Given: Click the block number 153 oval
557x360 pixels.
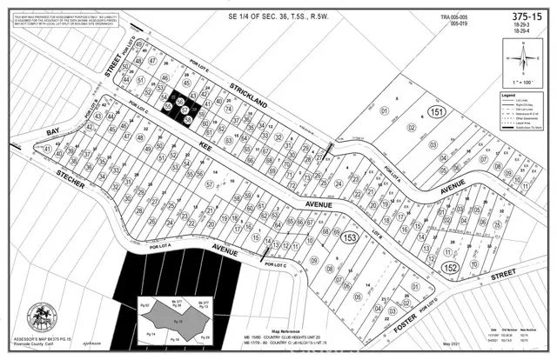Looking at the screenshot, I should coord(350,238).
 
